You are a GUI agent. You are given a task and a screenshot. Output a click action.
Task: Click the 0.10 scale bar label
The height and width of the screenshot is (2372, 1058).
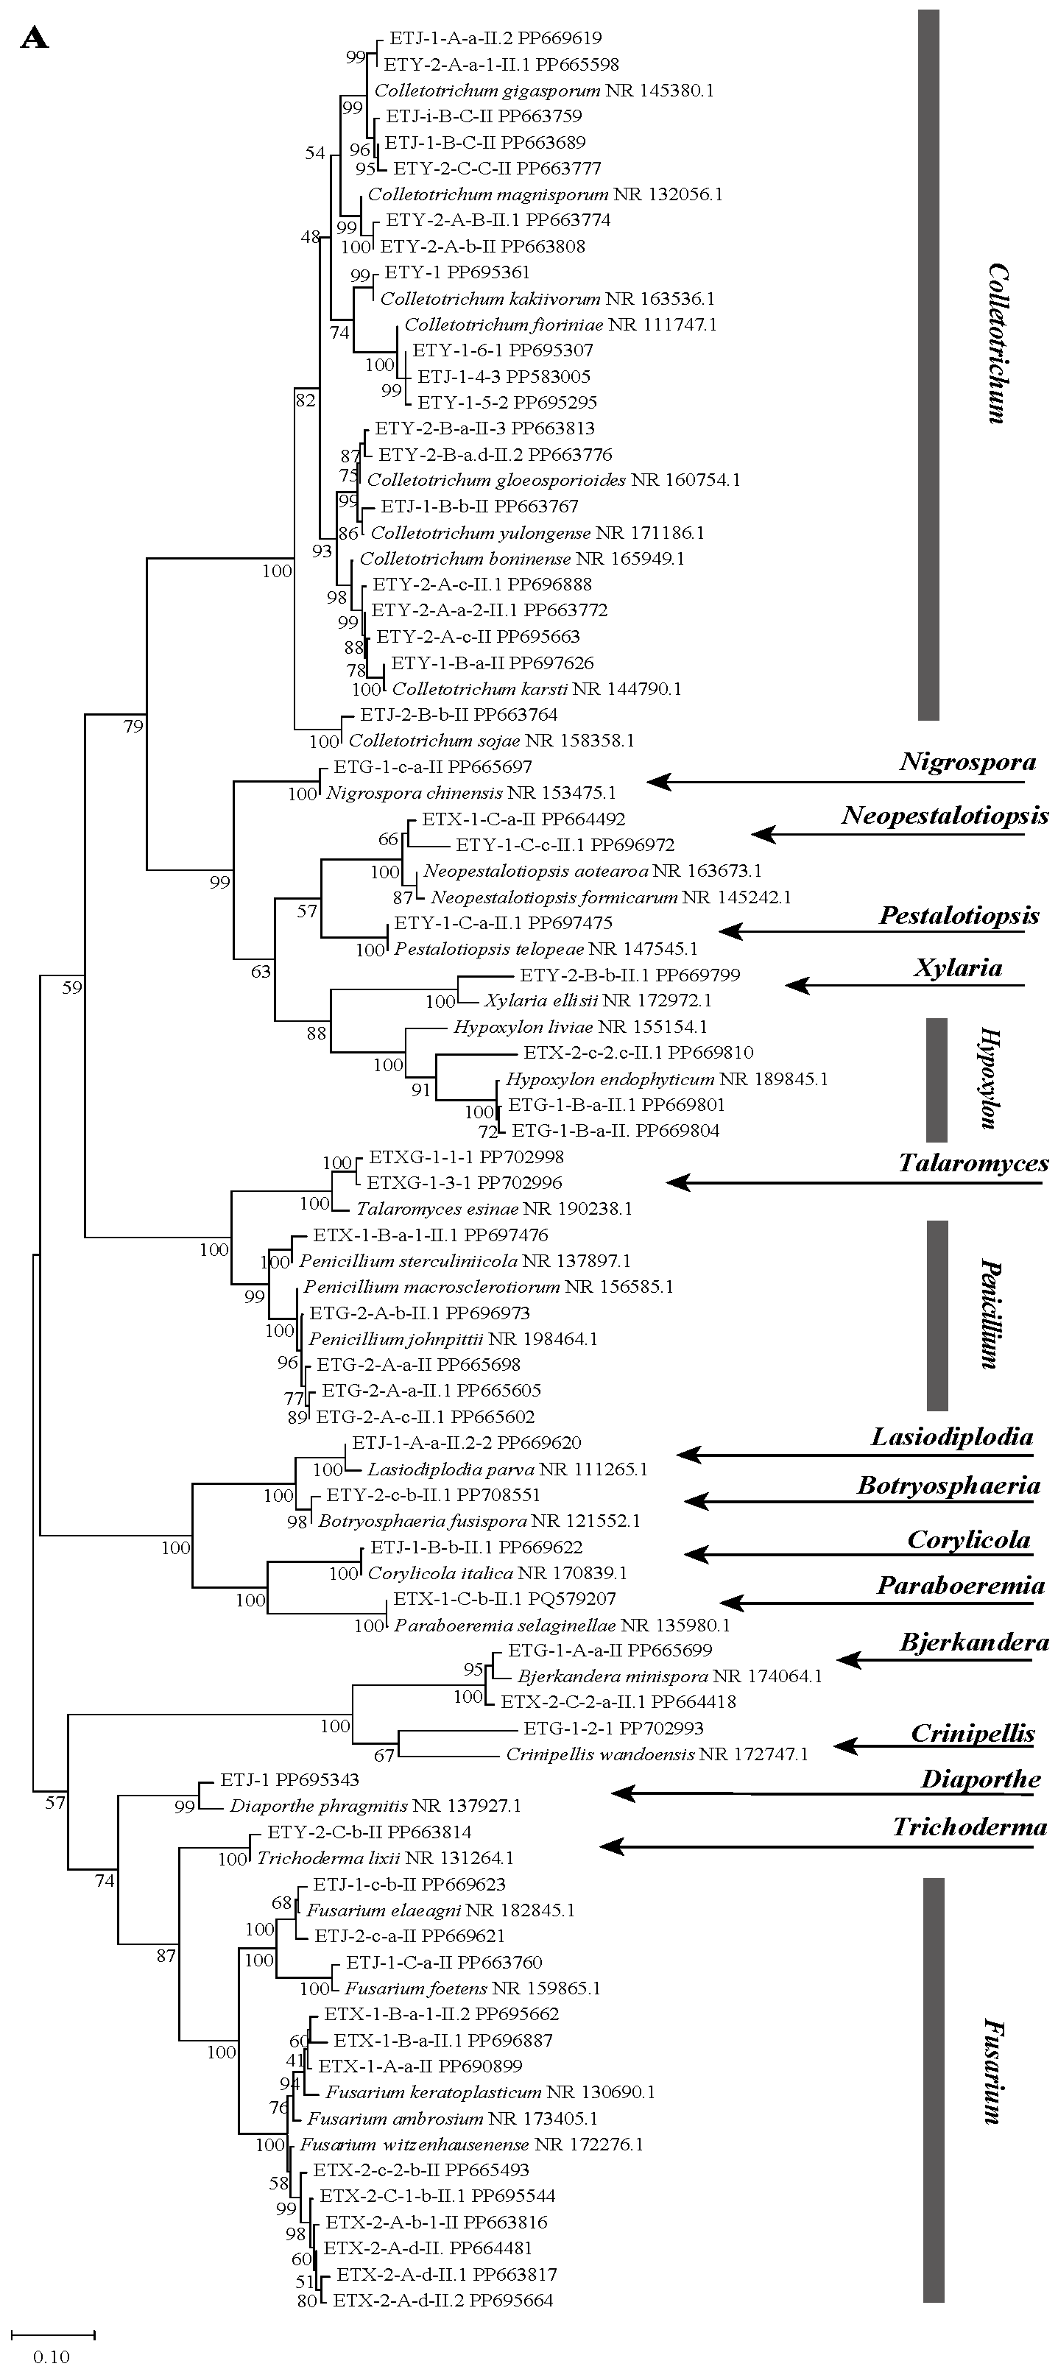click(52, 2357)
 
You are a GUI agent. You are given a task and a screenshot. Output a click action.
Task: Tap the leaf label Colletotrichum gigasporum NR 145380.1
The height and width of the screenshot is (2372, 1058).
click(543, 91)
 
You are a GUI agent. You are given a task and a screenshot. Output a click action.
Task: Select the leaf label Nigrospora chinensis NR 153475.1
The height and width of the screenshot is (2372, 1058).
click(470, 793)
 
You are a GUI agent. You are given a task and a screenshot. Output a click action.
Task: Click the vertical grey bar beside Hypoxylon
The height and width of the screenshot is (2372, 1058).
click(936, 1079)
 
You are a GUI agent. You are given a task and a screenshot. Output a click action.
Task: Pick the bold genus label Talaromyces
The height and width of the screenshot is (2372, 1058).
click(973, 1163)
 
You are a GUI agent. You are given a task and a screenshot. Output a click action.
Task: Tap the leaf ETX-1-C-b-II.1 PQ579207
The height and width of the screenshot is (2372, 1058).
click(504, 1600)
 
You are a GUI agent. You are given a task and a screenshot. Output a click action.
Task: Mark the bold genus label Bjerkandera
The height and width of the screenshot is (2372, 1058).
click(973, 1642)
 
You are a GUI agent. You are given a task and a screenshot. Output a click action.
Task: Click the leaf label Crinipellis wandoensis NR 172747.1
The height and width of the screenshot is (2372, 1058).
click(657, 1754)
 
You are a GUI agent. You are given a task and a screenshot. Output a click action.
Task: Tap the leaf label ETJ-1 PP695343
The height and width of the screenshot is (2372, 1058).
click(289, 1781)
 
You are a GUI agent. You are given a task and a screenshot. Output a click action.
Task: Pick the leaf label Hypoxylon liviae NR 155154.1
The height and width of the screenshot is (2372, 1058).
click(580, 1027)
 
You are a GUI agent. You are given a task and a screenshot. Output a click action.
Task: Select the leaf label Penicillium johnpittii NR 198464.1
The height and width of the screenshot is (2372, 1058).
click(453, 1339)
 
